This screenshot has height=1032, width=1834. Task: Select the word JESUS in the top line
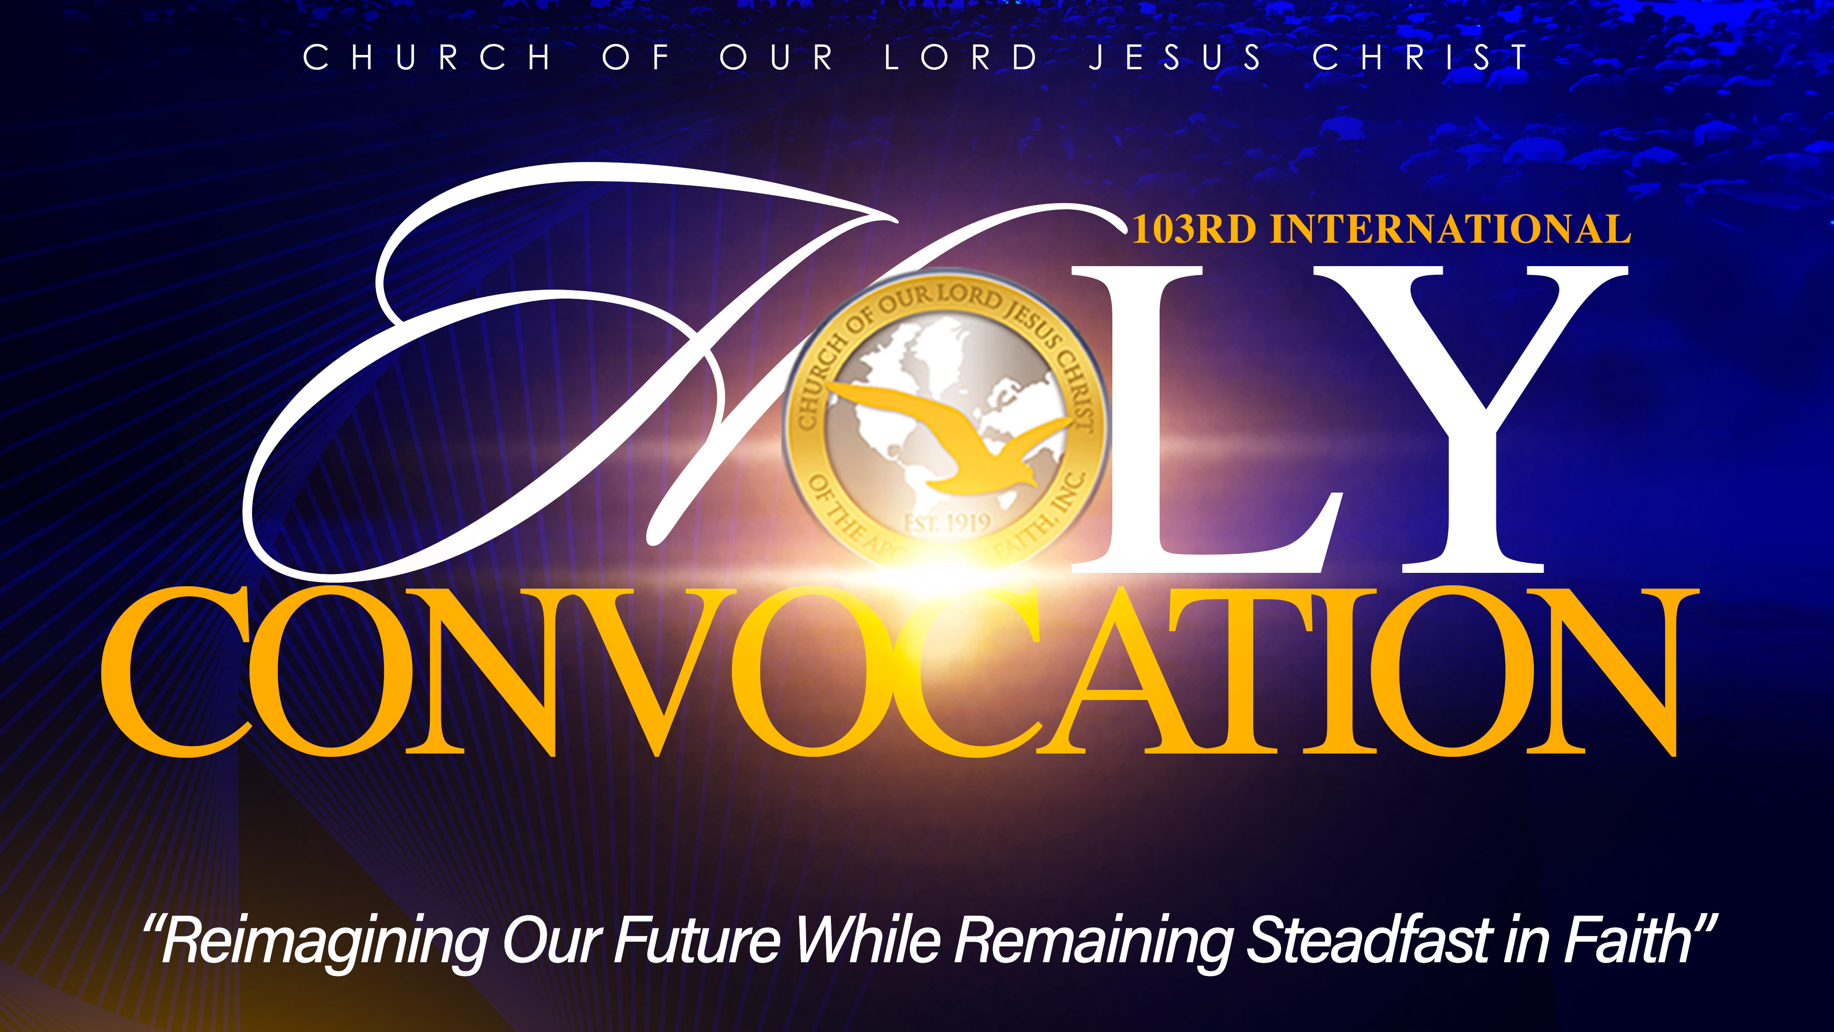[x=1175, y=57]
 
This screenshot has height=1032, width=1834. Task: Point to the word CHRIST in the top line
[x=1420, y=57]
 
